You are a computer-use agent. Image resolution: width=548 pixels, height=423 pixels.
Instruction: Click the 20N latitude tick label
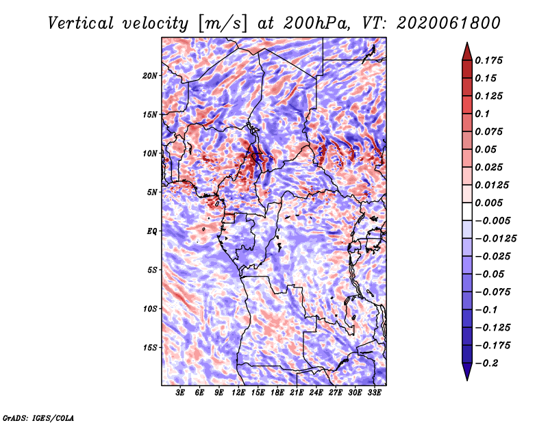tap(150, 76)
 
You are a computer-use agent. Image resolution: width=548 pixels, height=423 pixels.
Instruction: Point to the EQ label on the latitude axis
tap(152, 231)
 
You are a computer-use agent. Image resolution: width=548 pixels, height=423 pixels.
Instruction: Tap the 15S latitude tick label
tap(150, 348)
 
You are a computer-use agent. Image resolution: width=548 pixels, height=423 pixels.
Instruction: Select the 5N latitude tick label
tap(152, 192)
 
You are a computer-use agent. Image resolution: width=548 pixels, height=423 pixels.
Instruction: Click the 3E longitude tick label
tap(180, 393)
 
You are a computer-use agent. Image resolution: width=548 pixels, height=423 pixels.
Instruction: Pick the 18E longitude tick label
tap(277, 393)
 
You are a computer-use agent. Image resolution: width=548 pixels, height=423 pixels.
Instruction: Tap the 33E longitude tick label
tap(374, 393)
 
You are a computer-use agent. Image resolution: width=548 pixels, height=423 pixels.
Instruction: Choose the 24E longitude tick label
tap(316, 393)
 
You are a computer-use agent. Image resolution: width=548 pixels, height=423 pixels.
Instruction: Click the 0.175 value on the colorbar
tap(488, 60)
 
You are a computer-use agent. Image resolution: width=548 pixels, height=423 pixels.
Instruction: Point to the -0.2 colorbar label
tap(487, 363)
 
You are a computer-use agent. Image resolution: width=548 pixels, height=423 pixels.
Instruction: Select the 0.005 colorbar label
tap(488, 203)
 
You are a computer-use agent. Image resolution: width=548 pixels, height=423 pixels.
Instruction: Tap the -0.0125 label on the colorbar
tap(495, 239)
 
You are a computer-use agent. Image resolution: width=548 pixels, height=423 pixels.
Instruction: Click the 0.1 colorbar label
tap(482, 114)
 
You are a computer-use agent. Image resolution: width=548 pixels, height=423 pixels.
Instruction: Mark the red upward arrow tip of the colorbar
tap(467, 43)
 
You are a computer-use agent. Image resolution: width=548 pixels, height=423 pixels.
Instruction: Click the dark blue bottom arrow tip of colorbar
tap(467, 380)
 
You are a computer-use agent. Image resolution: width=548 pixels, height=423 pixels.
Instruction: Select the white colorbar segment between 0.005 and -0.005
tap(467, 211)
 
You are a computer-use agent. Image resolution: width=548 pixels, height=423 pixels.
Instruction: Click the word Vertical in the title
tap(81, 23)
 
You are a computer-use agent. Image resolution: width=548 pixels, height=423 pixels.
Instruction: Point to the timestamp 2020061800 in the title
tap(449, 23)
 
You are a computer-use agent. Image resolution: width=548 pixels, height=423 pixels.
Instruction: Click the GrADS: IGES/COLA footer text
tap(38, 418)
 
